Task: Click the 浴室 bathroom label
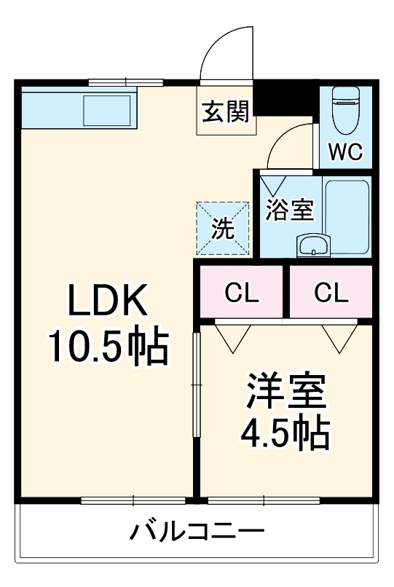click(x=289, y=210)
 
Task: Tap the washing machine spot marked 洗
click(x=223, y=229)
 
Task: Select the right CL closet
click(x=331, y=293)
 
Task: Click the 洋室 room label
click(x=285, y=394)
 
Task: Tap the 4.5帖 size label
click(x=285, y=434)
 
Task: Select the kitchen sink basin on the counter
click(x=107, y=110)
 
